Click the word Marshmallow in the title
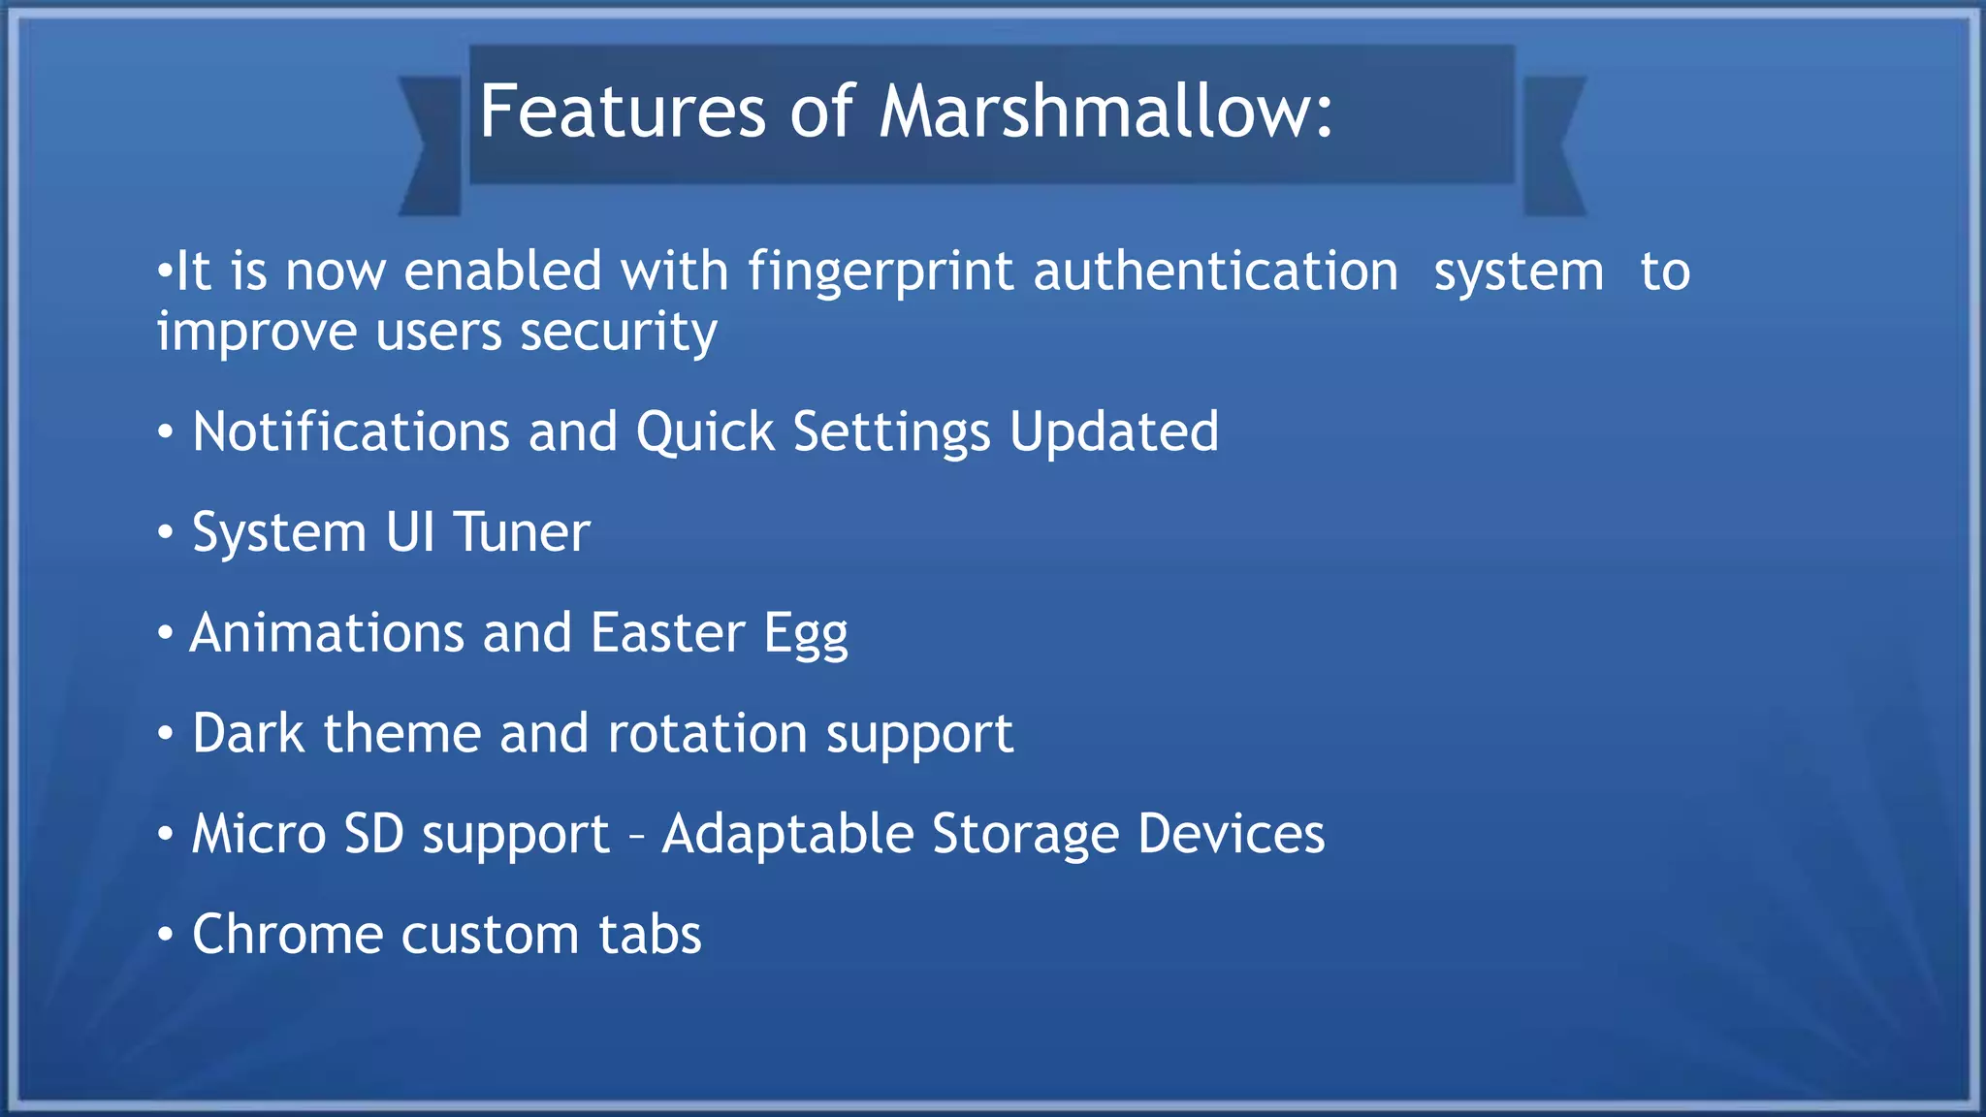click(x=1105, y=112)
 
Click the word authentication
click(x=1216, y=271)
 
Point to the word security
click(x=619, y=333)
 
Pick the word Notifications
click(x=351, y=431)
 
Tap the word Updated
click(x=1113, y=431)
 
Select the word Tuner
click(x=522, y=532)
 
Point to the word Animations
click(x=327, y=633)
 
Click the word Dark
click(x=248, y=734)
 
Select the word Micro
click(x=259, y=834)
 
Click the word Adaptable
click(x=787, y=834)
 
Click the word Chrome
click(x=288, y=935)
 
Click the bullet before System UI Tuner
click(x=166, y=532)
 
